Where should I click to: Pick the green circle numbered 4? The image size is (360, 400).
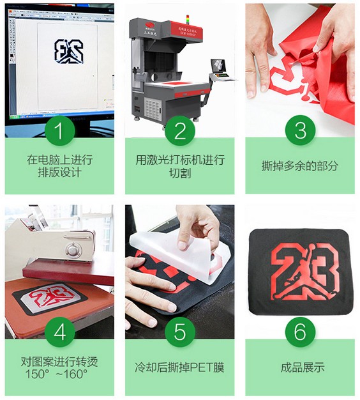coord(59,332)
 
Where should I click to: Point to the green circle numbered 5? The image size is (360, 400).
coord(180,332)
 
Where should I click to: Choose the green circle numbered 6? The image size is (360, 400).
coord(300,332)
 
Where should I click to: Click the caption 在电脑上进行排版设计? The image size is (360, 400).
coord(59,166)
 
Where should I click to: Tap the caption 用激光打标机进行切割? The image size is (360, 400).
coord(180,166)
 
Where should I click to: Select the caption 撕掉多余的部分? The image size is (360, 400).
coord(300,166)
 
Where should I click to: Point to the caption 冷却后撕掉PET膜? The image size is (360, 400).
coord(180,367)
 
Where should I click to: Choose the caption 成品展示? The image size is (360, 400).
coord(300,367)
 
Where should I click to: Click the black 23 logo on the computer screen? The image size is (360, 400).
coord(66,52)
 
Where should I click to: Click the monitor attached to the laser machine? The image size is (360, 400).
coord(218,66)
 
